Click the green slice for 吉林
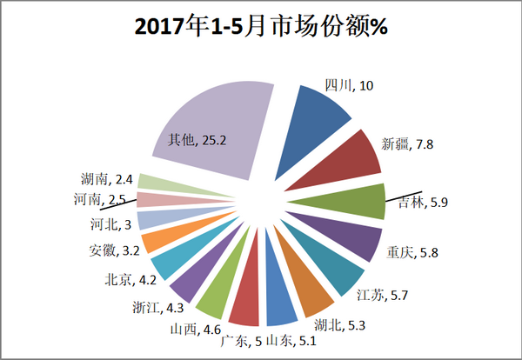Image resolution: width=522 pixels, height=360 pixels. (348, 201)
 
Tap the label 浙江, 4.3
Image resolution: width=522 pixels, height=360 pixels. (150, 306)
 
